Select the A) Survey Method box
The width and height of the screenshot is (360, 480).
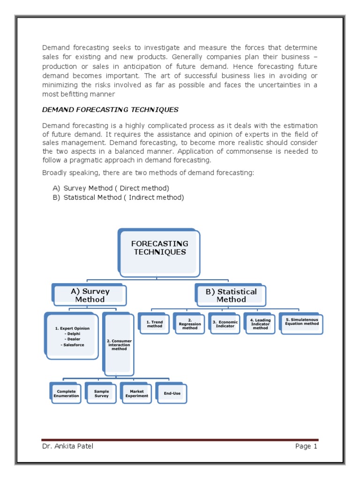90,295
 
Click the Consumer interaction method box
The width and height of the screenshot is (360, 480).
119,345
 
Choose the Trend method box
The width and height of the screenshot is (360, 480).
154,324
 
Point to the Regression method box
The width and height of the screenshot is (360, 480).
190,324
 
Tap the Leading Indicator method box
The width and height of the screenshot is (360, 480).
260,324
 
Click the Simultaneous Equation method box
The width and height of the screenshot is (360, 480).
301,322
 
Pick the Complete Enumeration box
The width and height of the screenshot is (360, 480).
66,393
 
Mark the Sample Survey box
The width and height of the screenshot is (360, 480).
101,393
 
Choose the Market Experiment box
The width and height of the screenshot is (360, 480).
136,393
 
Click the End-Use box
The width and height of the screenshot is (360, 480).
172,393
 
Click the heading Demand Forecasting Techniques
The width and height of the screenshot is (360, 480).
110,110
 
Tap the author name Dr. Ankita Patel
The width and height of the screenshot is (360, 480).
67,446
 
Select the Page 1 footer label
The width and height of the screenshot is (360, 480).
306,446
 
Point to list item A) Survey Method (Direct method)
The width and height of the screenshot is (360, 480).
111,188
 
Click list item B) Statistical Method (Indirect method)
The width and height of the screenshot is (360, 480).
118,197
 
